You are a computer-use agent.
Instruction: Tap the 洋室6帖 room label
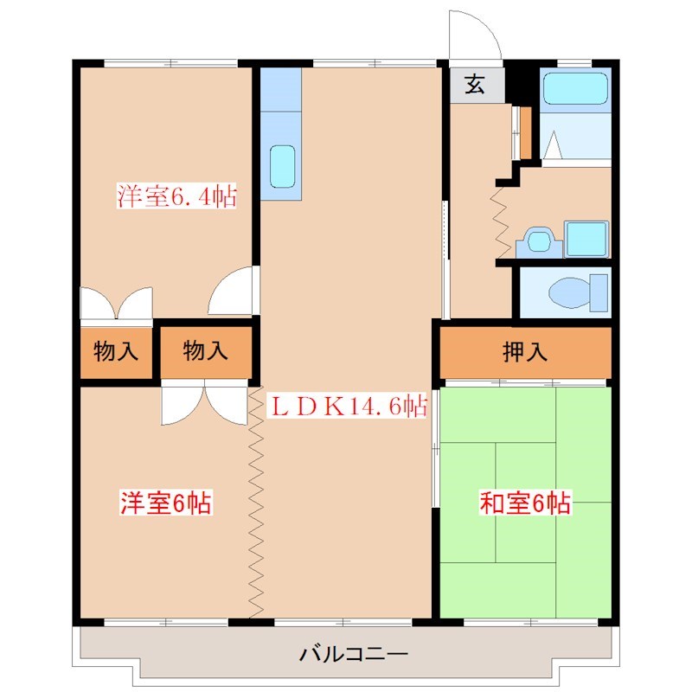pos(167,503)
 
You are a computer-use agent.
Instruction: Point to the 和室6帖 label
pos(525,503)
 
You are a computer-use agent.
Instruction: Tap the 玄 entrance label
pos(475,84)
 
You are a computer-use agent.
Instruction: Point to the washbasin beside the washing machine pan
pos(540,240)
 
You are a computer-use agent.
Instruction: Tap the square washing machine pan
pos(587,238)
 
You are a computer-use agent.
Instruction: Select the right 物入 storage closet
pos(206,352)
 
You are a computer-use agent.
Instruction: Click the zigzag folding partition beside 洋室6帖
pos(255,502)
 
